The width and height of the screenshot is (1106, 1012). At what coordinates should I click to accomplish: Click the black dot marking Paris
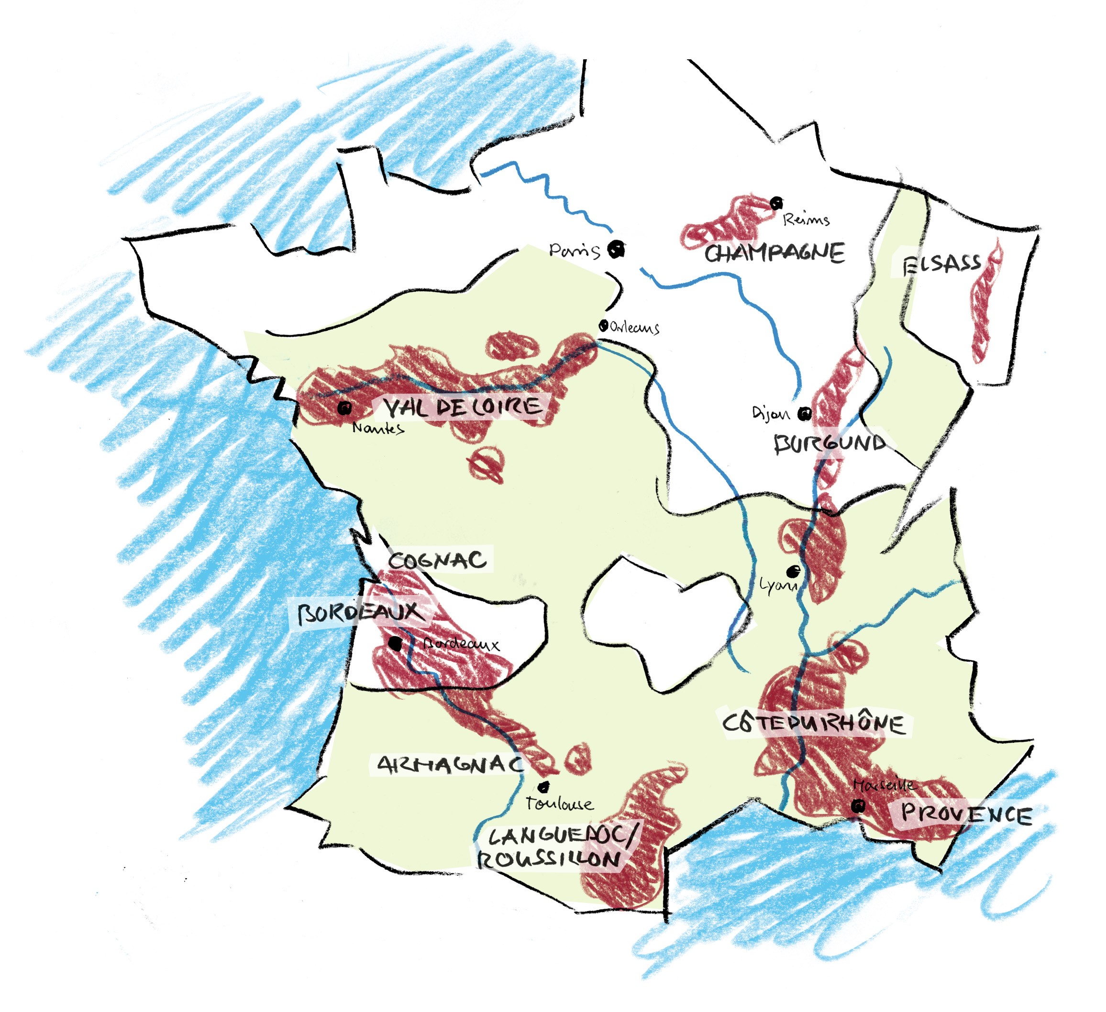pos(618,250)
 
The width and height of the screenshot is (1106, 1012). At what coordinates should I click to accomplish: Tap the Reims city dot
pos(776,203)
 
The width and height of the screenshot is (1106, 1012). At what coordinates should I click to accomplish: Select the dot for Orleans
pos(604,326)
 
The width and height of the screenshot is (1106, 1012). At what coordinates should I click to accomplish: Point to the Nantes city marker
pos(344,408)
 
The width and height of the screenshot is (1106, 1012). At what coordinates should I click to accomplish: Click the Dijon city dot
pos(804,414)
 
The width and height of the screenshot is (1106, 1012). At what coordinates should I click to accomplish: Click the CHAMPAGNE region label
pos(774,253)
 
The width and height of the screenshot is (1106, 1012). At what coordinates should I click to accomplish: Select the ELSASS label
pos(941,264)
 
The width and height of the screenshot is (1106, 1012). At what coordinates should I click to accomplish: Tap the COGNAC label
pos(437,561)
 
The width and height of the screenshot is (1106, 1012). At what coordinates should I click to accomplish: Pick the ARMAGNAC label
pos(450,764)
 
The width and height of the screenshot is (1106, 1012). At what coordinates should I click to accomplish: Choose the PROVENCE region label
pos(965,814)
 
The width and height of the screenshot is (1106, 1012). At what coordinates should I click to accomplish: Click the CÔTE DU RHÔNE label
pos(814,724)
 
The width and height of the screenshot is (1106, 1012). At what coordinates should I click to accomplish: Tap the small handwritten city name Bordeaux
pos(461,644)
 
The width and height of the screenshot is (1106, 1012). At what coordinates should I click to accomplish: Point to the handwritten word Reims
pos(806,220)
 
